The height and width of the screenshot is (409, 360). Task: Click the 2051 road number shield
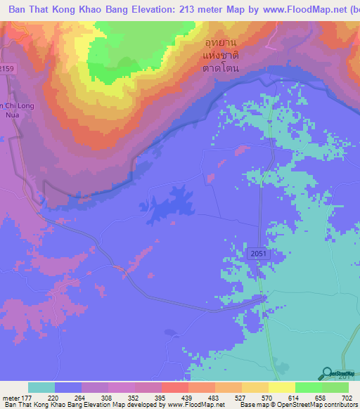tap(258, 252)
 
